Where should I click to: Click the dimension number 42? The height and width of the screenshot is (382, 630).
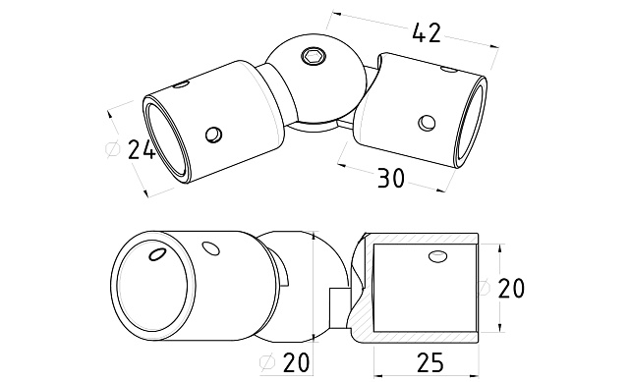pos(427,33)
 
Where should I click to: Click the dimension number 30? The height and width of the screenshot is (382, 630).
pos(391,179)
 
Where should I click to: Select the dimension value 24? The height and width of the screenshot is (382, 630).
pos(142,150)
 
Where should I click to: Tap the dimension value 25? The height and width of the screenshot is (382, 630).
pos(430,362)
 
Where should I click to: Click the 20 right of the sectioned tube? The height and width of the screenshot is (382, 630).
pos(511,289)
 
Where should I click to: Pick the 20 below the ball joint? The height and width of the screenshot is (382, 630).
pos(297,362)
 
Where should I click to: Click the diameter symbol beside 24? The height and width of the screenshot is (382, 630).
pos(112,148)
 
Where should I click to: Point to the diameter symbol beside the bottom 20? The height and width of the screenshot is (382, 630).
pos(267,362)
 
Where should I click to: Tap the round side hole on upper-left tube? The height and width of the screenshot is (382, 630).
pos(213,135)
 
